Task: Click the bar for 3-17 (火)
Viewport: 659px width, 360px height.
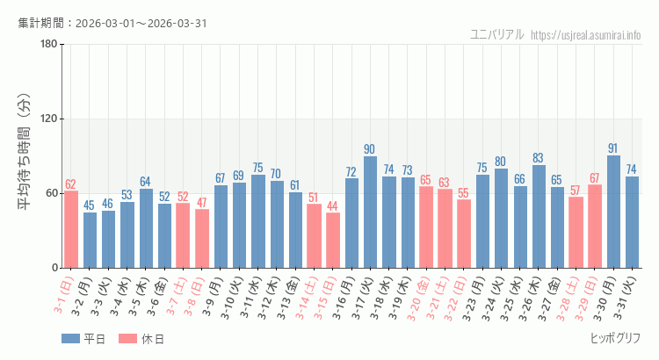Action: [370, 212]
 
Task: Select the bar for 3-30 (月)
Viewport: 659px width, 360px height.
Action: [613, 212]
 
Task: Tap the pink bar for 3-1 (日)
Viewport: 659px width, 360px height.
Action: [71, 229]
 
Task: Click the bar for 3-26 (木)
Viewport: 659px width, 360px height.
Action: [539, 216]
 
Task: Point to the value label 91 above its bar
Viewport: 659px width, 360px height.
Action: [613, 148]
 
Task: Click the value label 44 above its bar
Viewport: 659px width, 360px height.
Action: [333, 206]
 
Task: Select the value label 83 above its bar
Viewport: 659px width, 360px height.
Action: [539, 158]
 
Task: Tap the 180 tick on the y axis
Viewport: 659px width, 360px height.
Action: [48, 45]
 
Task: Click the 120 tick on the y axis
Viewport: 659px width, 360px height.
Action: [48, 119]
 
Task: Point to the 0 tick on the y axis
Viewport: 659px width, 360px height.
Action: [54, 268]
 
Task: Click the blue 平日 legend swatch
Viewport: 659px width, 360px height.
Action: [70, 339]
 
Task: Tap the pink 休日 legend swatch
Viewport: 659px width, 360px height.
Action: [127, 339]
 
